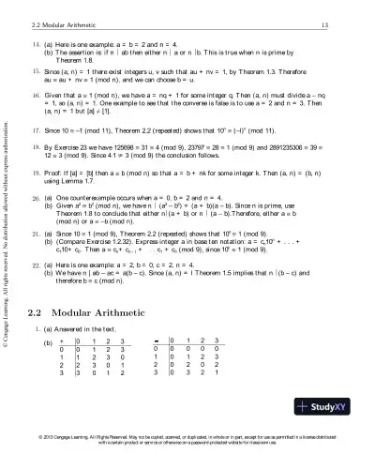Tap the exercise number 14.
36,45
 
